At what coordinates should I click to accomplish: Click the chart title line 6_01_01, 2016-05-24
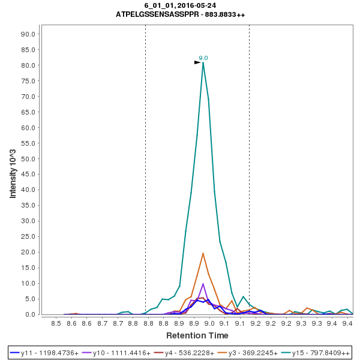(180, 5)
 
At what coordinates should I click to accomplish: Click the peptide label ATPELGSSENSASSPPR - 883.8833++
(180, 14)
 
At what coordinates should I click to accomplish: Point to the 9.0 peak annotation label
(203, 58)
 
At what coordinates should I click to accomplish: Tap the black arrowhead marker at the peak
(197, 62)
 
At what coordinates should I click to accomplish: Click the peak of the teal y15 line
(203, 62)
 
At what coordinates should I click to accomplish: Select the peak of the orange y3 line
(203, 253)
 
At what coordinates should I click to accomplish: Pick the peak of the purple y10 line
(203, 284)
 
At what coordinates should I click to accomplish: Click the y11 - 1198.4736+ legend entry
(46, 353)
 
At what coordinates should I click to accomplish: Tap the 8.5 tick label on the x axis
(56, 324)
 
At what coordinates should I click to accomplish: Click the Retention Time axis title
(197, 335)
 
